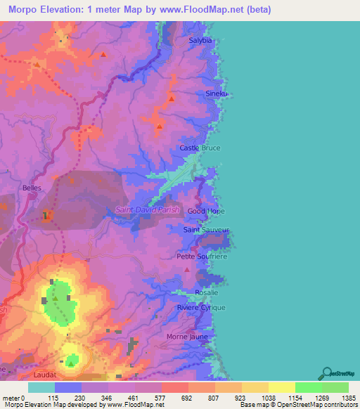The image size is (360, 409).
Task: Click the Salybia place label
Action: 200,41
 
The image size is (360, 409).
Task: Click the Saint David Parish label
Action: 148,210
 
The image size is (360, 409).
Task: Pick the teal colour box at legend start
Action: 41,387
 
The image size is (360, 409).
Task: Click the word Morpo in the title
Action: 23,9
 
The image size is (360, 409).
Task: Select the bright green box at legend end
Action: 335,387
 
